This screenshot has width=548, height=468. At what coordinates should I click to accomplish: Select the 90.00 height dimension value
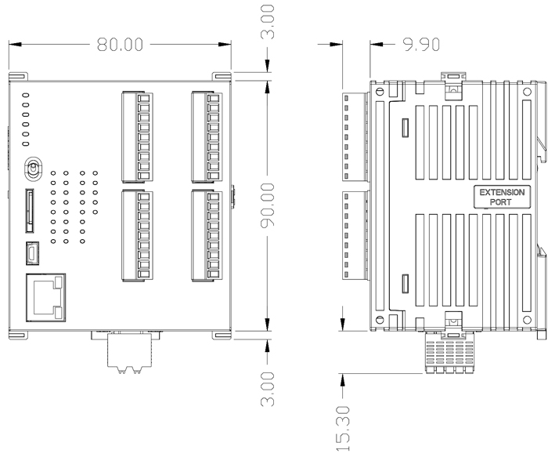(268, 206)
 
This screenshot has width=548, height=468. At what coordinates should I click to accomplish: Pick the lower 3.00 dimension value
(268, 390)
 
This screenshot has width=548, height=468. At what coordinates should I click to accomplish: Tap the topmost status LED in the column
(26, 94)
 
